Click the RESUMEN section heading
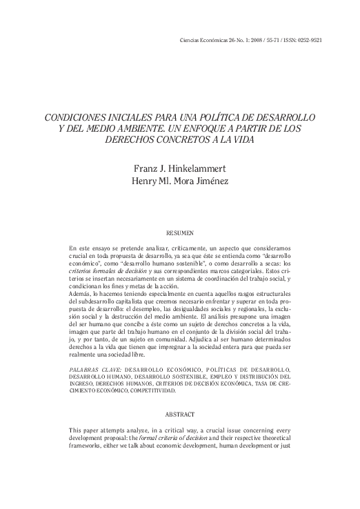click(x=179, y=233)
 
